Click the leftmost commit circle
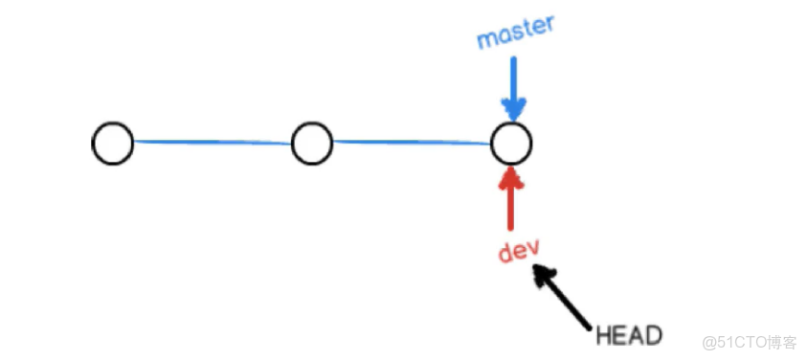click(x=113, y=144)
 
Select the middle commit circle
click(x=311, y=144)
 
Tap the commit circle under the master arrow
click(x=510, y=144)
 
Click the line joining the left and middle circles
click(x=212, y=143)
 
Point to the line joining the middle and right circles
click(x=411, y=143)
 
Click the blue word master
click(x=515, y=34)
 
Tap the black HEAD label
click(x=629, y=336)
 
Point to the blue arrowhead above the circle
click(x=513, y=109)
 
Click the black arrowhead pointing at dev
click(x=543, y=274)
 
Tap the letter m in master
click(x=486, y=39)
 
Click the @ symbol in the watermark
click(x=708, y=342)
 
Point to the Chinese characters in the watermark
click(x=783, y=342)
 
